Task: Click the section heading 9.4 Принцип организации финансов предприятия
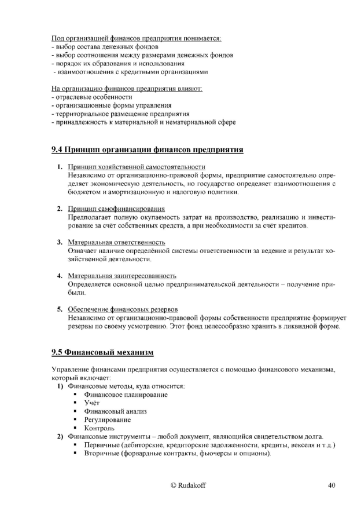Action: coord(147,150)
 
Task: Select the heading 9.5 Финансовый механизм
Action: coord(102,352)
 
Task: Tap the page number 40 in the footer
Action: coord(331,486)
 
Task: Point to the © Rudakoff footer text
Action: coord(188,486)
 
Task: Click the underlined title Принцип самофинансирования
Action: coord(116,208)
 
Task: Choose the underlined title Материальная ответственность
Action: coord(116,242)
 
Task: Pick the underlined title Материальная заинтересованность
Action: coord(122,276)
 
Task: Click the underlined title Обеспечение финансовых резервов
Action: coord(123,309)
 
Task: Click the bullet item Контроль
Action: coord(99,428)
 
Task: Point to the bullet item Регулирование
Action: coord(107,419)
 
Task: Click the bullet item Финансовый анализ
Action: coord(115,411)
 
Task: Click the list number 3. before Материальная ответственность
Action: coord(60,242)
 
